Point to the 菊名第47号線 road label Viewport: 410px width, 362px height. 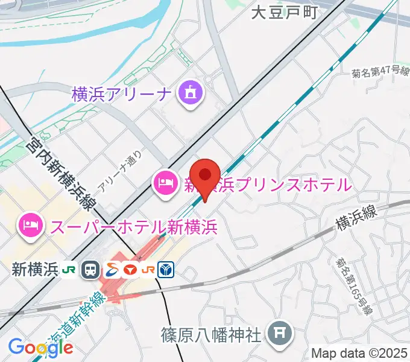pyautogui.click(x=380, y=71)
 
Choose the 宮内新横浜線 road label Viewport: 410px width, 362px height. pyautogui.click(x=61, y=174)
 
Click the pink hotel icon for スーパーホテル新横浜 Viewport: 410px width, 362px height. pyautogui.click(x=31, y=226)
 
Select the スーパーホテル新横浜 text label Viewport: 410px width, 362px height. pyautogui.click(x=134, y=227)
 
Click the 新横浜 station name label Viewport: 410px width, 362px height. pyautogui.click(x=34, y=270)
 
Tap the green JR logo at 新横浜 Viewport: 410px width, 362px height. pyautogui.click(x=69, y=270)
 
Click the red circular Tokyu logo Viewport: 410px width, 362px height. pyautogui.click(x=130, y=270)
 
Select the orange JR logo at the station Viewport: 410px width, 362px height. pyautogui.click(x=148, y=270)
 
